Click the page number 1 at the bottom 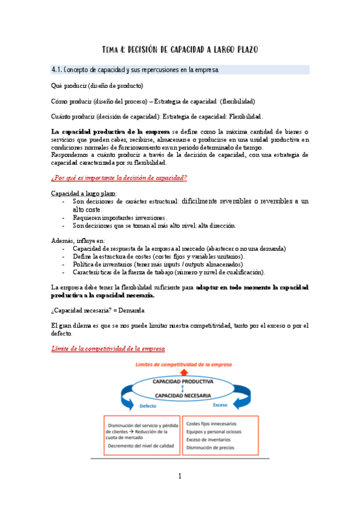coord(179,477)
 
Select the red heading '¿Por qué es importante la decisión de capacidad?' coord(119,177)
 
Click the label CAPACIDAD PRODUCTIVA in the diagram coord(182,381)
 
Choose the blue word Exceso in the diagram coord(221,405)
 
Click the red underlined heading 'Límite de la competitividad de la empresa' coord(108,349)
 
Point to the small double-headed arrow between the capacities coord(182,389)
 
